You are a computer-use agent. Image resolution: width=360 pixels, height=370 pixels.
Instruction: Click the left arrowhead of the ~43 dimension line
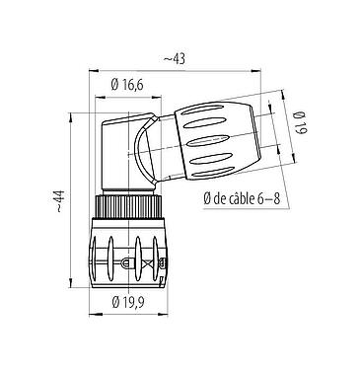pos(94,70)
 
